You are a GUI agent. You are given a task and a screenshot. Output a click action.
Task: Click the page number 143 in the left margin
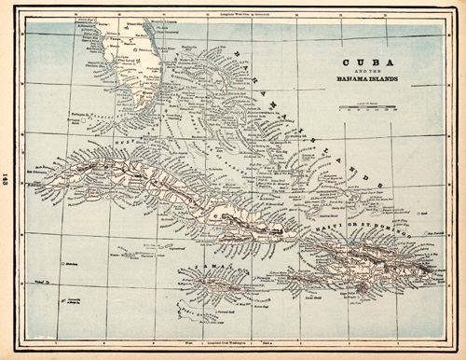coord(8,181)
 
